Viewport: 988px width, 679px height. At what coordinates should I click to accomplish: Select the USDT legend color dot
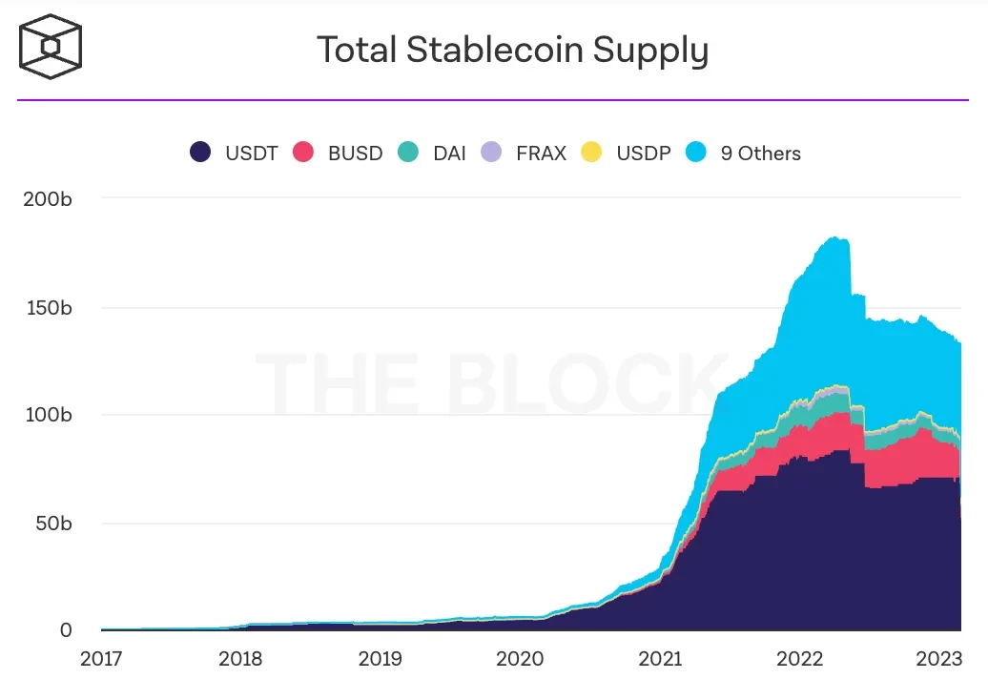200,153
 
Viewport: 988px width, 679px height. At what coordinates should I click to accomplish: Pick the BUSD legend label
355,154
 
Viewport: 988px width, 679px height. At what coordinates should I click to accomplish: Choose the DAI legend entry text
449,154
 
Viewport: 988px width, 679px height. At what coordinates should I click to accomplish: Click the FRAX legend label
541,154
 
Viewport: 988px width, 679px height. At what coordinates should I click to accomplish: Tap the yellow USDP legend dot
591,153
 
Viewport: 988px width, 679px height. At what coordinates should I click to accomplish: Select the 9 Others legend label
760,154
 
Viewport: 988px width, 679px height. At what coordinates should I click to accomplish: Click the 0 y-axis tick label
66,630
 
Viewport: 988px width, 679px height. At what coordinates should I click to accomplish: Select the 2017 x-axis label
101,658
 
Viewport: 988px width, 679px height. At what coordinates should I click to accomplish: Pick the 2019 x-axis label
380,658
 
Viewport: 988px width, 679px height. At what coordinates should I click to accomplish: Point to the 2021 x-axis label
659,658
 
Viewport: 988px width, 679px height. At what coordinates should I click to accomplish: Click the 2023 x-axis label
937,658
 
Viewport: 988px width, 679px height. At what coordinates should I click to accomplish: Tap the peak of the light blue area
835,238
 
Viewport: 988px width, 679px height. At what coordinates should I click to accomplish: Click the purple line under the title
493,99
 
